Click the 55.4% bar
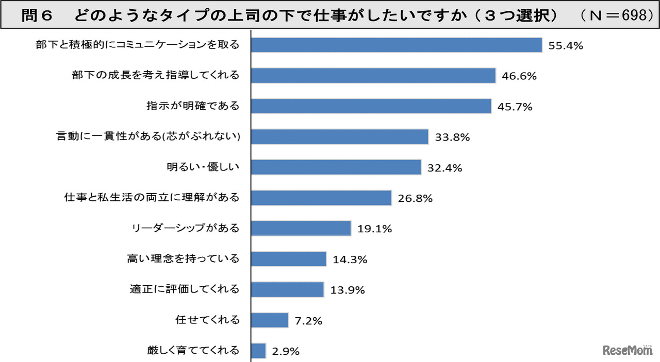pyautogui.click(x=396, y=45)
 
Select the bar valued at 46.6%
pyautogui.click(x=373, y=76)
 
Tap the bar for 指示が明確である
pyautogui.click(x=371, y=107)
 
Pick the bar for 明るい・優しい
pyautogui.click(x=336, y=167)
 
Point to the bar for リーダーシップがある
pyautogui.click(x=301, y=228)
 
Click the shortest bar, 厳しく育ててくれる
pyautogui.click(x=258, y=351)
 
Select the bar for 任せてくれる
pyautogui.click(x=270, y=320)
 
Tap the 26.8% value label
pyautogui.click(x=415, y=198)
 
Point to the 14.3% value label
pyautogui.click(x=350, y=260)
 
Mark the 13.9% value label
pyautogui.click(x=347, y=290)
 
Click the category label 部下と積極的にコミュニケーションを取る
pyautogui.click(x=137, y=45)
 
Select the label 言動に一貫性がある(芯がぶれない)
pyautogui.click(x=148, y=137)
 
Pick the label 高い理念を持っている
pyautogui.click(x=183, y=259)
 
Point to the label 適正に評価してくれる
pyautogui.click(x=185, y=289)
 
